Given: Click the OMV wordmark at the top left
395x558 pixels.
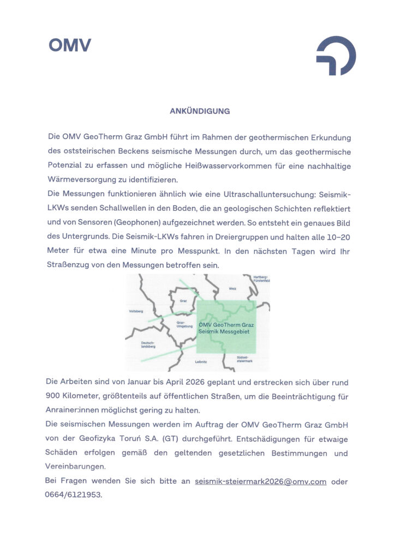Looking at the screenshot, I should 70,45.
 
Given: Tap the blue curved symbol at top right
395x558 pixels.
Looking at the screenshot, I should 336,55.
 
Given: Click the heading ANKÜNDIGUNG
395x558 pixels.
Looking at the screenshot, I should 200,111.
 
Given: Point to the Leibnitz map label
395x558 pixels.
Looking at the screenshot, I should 201,361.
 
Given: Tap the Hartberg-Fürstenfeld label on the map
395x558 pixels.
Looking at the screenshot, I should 262,279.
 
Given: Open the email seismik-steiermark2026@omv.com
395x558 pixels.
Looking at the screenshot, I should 260,482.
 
